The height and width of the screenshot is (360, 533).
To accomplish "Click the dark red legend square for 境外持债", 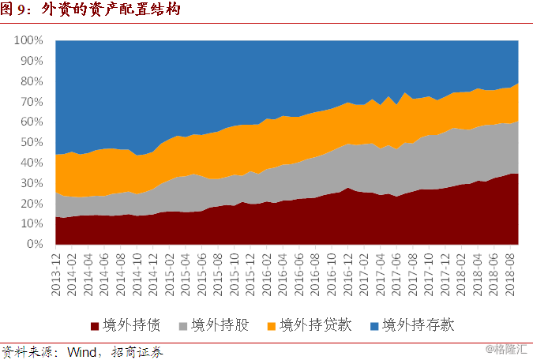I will point(96,325).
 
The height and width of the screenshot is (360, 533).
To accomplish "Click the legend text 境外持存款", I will point(418,325).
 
